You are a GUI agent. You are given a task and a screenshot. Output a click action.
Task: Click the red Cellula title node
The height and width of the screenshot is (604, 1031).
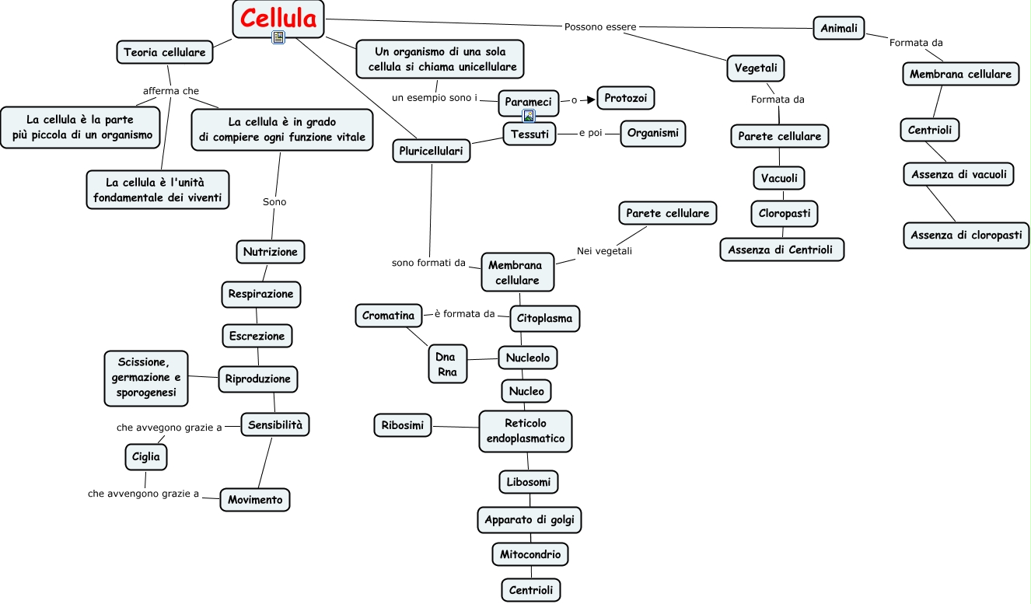click(x=278, y=19)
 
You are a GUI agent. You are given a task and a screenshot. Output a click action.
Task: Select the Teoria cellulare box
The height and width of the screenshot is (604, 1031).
click(x=164, y=52)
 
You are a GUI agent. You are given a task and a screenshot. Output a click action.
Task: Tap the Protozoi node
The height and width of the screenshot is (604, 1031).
click(x=625, y=98)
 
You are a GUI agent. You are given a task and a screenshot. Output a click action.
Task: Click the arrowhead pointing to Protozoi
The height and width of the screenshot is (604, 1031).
click(x=591, y=100)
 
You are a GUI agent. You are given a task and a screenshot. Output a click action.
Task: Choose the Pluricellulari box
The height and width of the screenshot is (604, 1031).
click(x=432, y=151)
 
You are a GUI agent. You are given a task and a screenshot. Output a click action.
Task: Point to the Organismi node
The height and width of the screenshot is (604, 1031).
click(x=652, y=134)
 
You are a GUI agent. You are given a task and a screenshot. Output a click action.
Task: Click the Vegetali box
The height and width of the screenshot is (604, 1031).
click(x=756, y=68)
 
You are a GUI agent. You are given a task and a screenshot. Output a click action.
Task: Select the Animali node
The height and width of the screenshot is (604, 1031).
click(x=839, y=28)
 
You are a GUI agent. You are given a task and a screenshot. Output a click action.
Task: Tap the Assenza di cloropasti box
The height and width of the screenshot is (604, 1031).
click(x=966, y=235)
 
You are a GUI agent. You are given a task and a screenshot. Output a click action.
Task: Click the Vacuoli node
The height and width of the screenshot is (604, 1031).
click(x=779, y=178)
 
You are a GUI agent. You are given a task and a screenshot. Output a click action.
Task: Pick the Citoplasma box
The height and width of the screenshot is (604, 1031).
click(x=544, y=319)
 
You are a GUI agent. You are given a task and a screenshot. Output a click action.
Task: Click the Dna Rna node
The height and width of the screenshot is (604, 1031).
click(x=447, y=364)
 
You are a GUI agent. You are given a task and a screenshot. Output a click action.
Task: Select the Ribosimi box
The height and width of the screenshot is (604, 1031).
click(x=402, y=425)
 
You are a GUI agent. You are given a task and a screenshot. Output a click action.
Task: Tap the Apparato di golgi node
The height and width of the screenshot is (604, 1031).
click(x=529, y=520)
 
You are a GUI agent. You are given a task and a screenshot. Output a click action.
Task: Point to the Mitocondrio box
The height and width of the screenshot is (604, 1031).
click(x=530, y=554)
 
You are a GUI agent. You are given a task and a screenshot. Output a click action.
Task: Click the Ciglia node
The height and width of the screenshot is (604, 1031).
click(x=146, y=457)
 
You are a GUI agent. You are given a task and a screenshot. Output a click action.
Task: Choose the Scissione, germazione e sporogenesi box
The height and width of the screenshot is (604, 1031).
click(x=146, y=378)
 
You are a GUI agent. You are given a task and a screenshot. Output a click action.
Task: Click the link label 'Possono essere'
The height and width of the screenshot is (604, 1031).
click(x=600, y=26)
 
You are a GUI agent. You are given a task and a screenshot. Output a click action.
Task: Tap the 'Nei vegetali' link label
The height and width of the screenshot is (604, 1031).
click(x=604, y=251)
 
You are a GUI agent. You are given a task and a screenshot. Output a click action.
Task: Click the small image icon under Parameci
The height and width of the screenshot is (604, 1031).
click(x=529, y=116)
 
